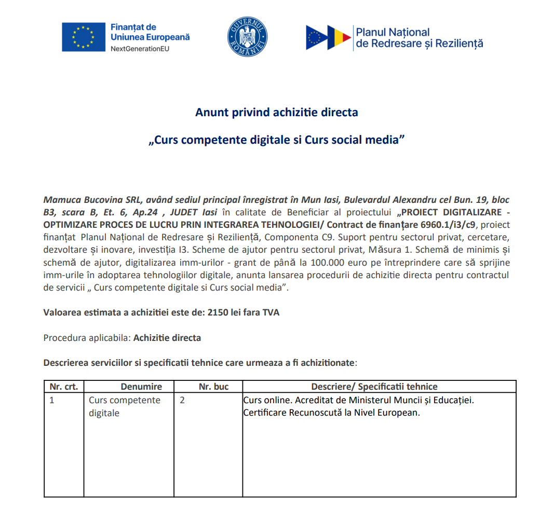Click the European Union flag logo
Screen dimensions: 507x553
click(83, 37)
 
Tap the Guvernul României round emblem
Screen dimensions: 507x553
click(247, 37)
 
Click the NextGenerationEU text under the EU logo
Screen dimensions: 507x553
click(140, 48)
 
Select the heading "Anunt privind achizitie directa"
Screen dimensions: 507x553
click(276, 112)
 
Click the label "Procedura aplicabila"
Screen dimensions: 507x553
click(87, 338)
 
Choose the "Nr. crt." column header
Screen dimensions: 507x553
click(63, 387)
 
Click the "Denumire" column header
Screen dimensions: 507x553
click(141, 387)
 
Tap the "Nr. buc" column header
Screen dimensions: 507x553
click(213, 387)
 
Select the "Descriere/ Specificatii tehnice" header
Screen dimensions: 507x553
click(374, 387)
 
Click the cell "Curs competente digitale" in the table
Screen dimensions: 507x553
click(125, 407)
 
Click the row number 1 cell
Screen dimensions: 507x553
click(52, 401)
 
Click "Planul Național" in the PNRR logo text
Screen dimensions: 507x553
click(393, 32)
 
